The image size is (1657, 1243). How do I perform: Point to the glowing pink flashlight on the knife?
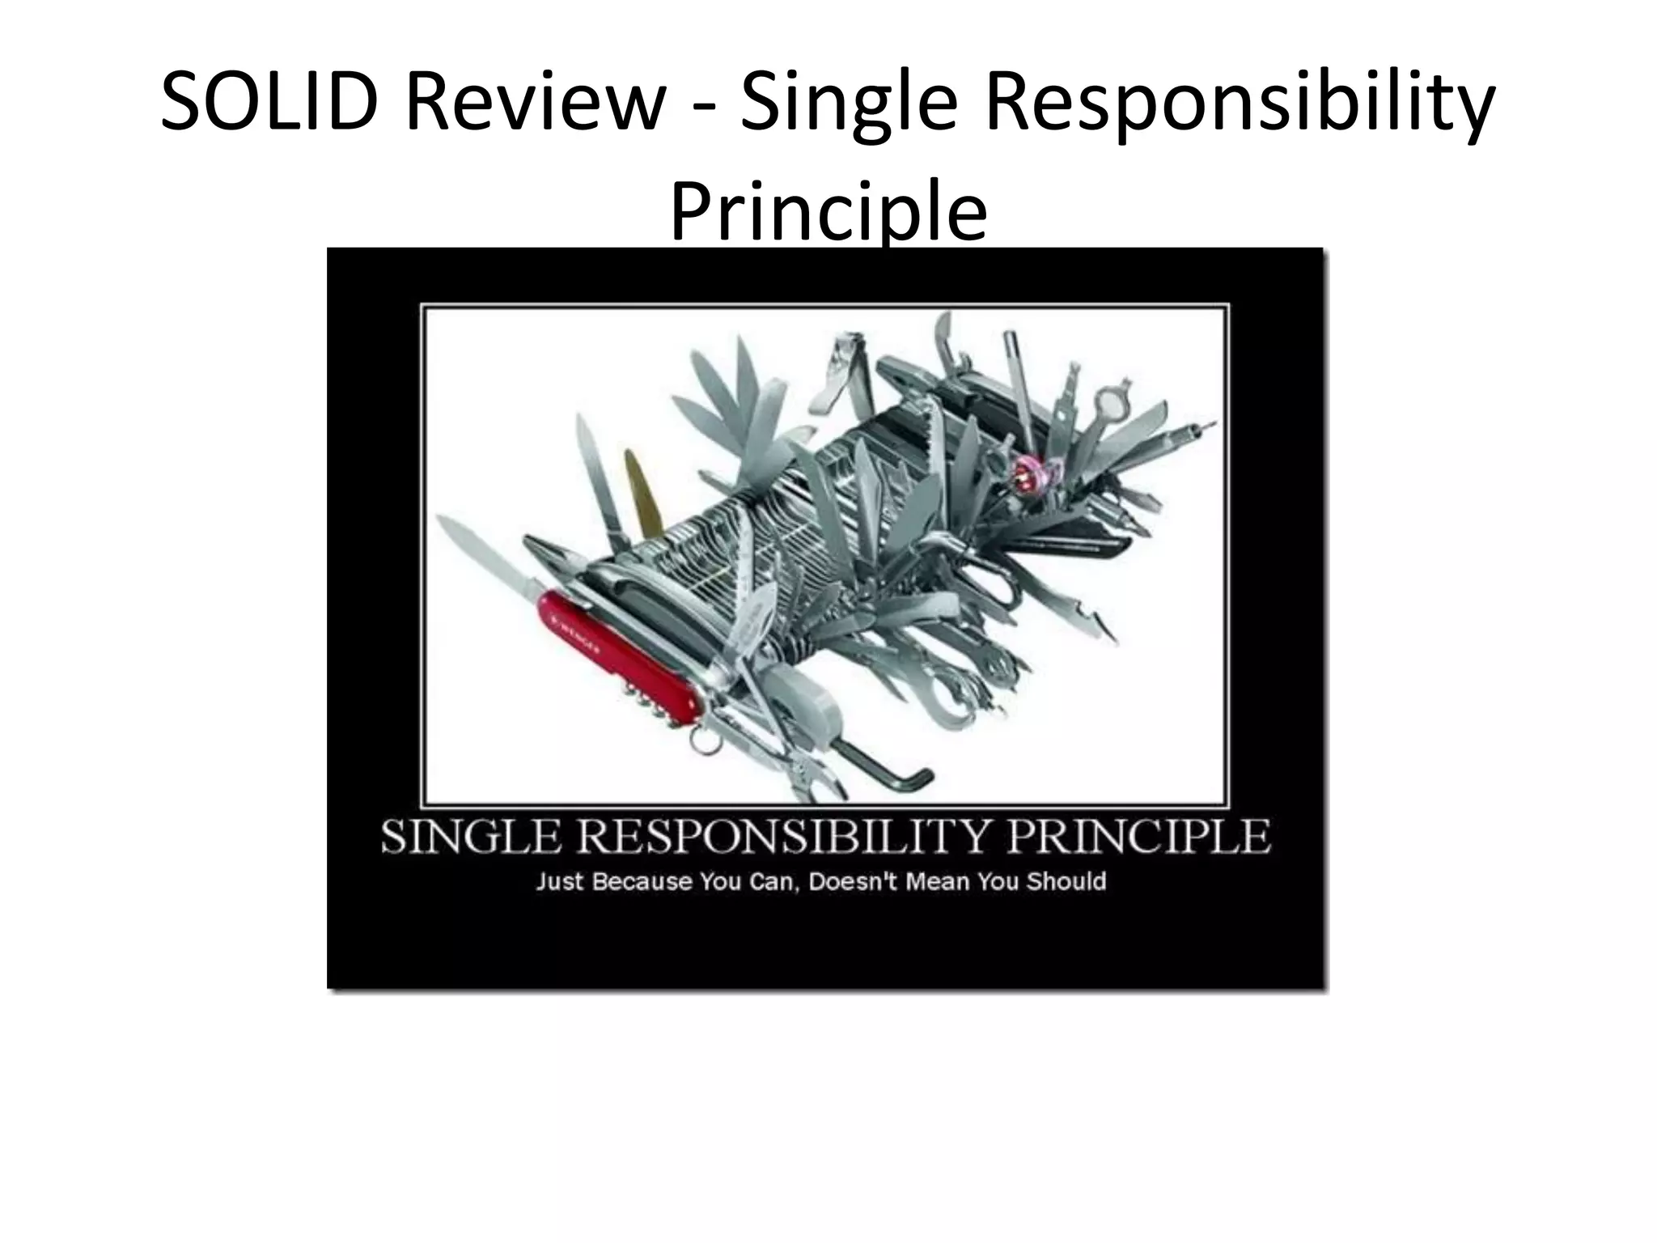1026,467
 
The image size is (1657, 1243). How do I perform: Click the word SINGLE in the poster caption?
470,838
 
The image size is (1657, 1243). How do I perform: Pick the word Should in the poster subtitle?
1066,881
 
